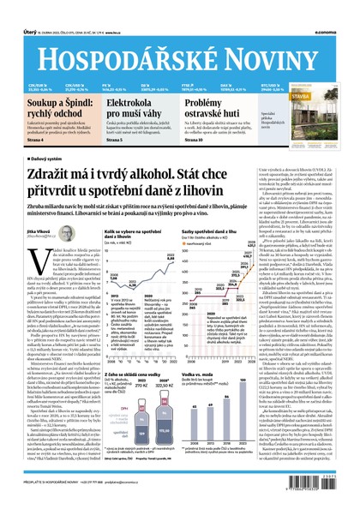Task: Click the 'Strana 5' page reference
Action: pos(114,140)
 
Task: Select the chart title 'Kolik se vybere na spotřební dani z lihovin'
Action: pos(133,235)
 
